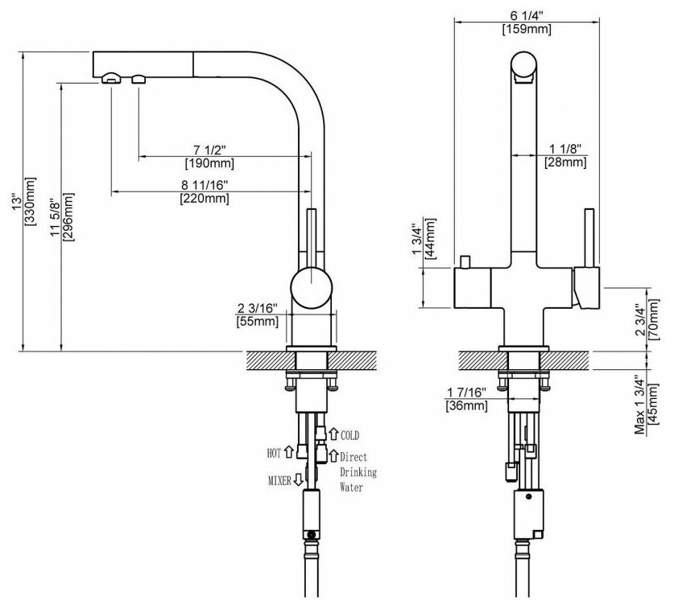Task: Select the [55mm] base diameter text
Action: coord(258,322)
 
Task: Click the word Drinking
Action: coord(357,471)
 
